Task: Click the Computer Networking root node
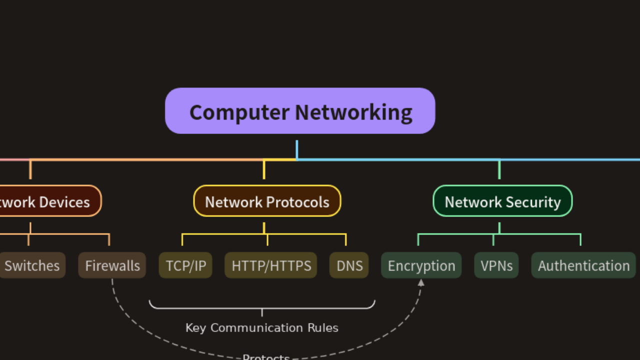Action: (300, 111)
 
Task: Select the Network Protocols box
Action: (267, 201)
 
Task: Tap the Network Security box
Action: (502, 201)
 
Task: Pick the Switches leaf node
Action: (32, 265)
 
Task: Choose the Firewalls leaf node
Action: (112, 265)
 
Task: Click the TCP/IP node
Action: (185, 265)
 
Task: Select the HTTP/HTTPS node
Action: (271, 265)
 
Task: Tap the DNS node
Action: (349, 265)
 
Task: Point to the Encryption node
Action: (421, 265)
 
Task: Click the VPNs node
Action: (496, 265)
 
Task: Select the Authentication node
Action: (583, 265)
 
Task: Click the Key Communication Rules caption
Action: (262, 328)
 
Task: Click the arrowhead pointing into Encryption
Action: (421, 282)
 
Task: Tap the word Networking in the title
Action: (353, 112)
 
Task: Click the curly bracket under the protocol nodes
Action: (262, 306)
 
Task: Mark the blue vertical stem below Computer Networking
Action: (297, 149)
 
